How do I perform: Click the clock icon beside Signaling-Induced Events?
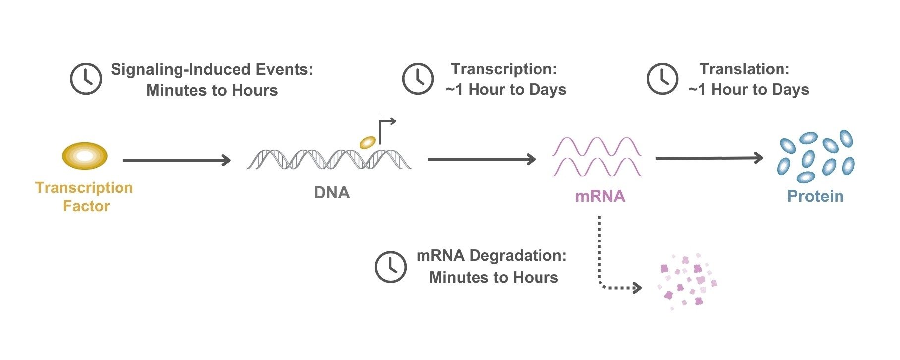click(86, 79)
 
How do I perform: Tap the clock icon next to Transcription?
click(418, 78)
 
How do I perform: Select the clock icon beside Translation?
click(662, 78)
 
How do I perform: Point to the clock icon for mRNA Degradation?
click(390, 267)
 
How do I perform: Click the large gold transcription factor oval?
click(85, 156)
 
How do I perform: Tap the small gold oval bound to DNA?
click(367, 142)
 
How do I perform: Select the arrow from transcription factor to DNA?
click(176, 160)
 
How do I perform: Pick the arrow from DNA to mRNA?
click(481, 159)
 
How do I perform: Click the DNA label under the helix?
click(332, 192)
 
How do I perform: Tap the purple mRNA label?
click(600, 196)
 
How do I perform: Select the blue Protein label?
click(815, 196)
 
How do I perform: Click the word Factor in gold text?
click(86, 206)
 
